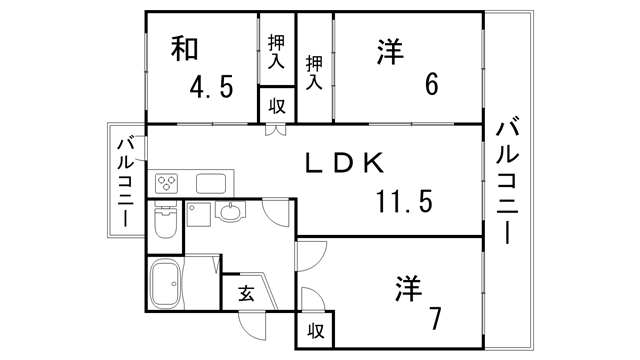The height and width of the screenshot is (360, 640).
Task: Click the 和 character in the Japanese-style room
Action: click(x=182, y=48)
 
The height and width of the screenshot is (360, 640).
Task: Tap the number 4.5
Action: click(x=212, y=88)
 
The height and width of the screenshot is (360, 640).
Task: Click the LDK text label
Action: click(x=343, y=161)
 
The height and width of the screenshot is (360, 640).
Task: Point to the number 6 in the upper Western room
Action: click(x=431, y=85)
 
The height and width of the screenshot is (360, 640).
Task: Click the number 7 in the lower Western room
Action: click(x=435, y=319)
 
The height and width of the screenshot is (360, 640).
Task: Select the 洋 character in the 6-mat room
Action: click(x=391, y=52)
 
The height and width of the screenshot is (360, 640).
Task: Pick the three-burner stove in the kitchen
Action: click(x=166, y=184)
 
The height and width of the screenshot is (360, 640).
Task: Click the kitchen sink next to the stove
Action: click(x=213, y=184)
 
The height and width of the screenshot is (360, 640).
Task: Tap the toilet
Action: click(x=166, y=225)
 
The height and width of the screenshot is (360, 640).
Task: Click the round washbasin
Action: click(x=230, y=212)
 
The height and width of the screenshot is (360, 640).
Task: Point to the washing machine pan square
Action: click(x=197, y=212)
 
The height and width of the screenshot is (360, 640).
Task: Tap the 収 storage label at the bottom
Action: click(x=314, y=328)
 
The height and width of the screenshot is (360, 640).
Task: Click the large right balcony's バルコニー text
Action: click(x=508, y=180)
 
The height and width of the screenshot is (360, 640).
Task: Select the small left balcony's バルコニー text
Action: click(x=125, y=182)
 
